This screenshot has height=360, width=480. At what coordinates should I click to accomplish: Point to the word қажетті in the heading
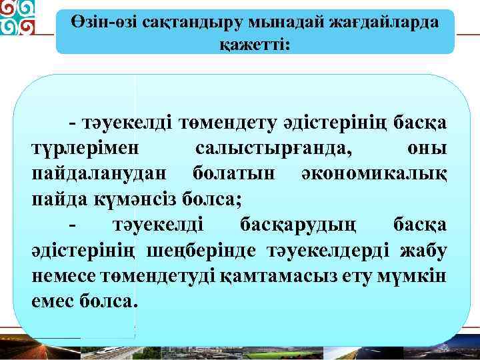coord(255,44)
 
